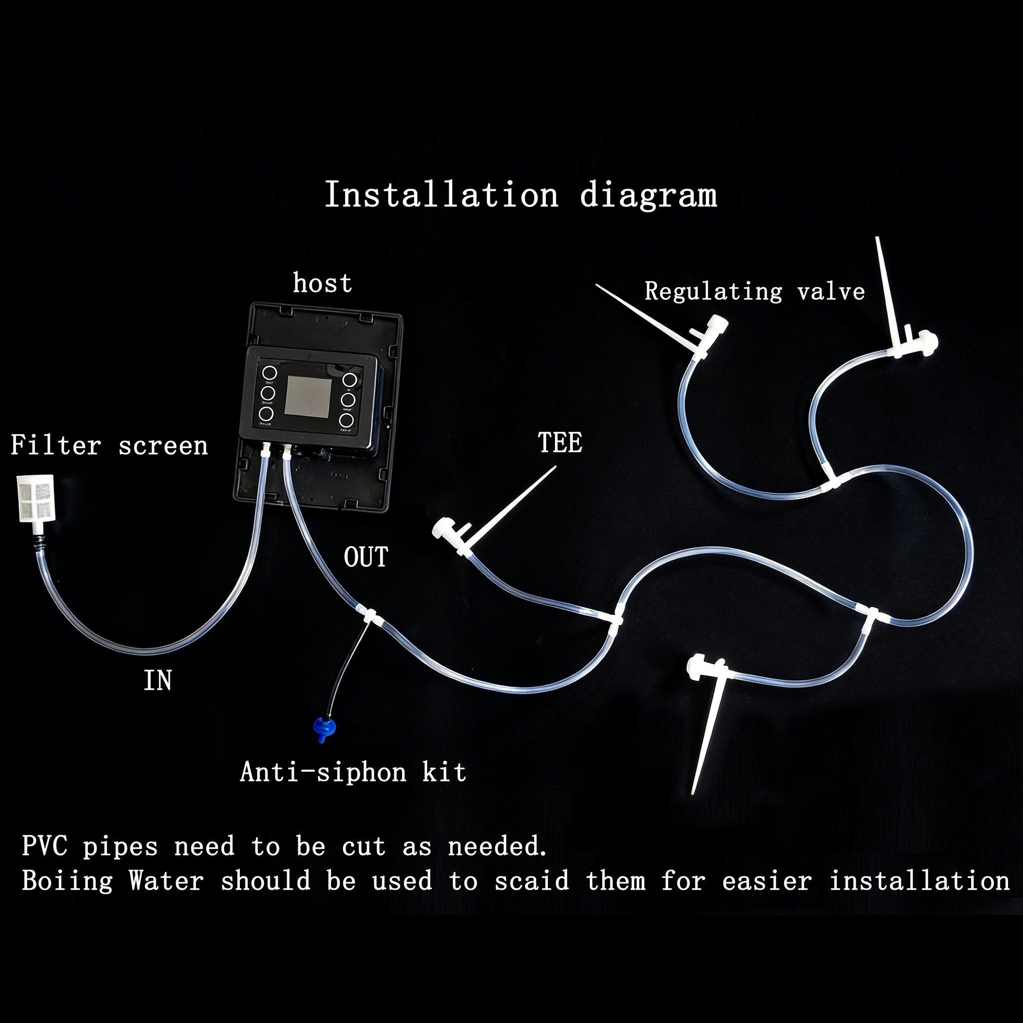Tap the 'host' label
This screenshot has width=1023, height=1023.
pos(323,283)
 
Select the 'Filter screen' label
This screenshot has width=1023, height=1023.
pos(109,445)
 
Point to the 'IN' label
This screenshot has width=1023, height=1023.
pos(158,680)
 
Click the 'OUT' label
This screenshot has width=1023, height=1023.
pos(366,557)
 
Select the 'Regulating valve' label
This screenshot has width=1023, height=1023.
pos(755,292)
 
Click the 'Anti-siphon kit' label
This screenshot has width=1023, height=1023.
pos(353,772)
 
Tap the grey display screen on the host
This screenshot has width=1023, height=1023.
pos(308,397)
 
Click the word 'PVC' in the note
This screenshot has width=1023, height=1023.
pos(45,846)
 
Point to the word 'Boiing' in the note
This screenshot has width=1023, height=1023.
pos(67,882)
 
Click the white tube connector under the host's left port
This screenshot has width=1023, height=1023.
pos(265,451)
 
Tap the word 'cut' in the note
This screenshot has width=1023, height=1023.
pos(364,846)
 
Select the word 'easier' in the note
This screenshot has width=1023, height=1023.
pos(767,881)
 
